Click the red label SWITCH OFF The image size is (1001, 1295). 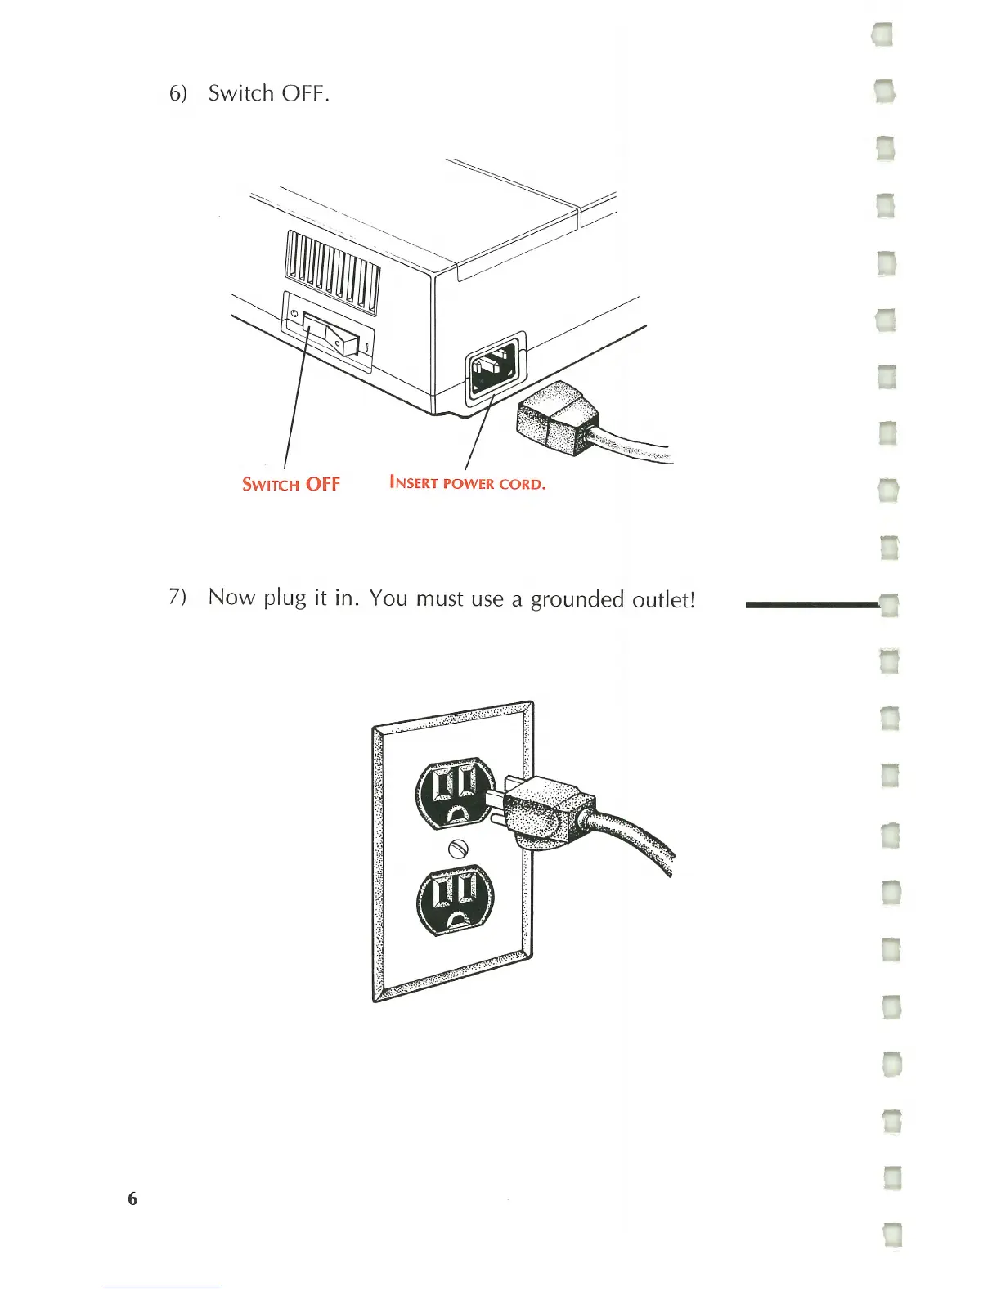point(290,484)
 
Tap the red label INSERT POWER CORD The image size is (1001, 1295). point(467,483)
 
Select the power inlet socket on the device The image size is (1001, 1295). point(494,369)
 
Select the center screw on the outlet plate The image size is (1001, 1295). point(457,849)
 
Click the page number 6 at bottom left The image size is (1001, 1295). point(132,1199)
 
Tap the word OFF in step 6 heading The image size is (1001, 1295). point(304,94)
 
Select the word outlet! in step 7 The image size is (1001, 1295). point(663,599)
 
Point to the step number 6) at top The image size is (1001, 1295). point(177,94)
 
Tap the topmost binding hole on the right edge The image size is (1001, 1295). point(884,34)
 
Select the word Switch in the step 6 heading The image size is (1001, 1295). point(240,93)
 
